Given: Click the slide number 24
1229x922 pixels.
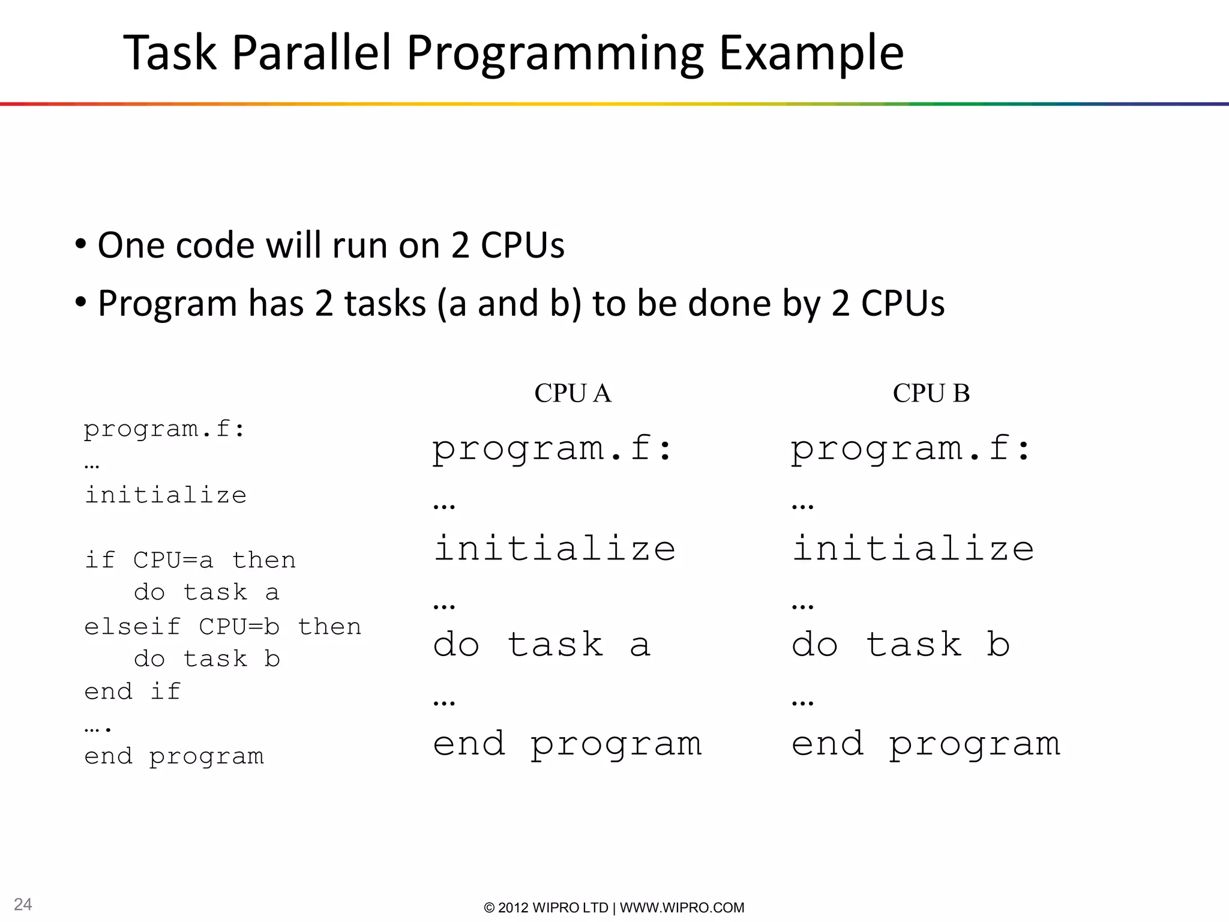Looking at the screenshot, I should coord(23,904).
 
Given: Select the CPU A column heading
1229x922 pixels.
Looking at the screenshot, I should coord(572,393).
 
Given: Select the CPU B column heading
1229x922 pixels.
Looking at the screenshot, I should coord(931,393).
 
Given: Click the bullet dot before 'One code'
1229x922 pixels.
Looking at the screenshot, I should coord(80,244).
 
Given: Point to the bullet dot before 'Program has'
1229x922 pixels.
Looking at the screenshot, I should coord(80,302).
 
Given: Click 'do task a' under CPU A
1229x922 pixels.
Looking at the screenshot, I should coord(542,645).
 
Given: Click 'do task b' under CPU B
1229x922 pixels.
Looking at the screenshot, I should coord(901,645).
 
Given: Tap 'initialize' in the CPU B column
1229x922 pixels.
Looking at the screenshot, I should coord(913,548).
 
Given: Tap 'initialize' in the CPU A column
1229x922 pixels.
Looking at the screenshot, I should coord(554,548).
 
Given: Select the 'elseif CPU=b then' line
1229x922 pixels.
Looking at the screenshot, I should coord(223,627).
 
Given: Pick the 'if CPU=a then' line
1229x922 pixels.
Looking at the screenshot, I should coord(190,560).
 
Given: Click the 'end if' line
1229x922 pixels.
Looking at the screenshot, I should coord(132,691).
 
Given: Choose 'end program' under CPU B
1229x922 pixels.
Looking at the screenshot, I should coord(925,745).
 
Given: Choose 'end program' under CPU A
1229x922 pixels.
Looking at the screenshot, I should coord(567,745).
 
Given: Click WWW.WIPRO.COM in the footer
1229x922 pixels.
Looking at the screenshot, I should coord(682,908).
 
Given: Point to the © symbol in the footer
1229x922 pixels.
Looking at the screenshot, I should coord(489,908).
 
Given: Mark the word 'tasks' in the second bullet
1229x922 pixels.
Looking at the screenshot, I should coord(385,303).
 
